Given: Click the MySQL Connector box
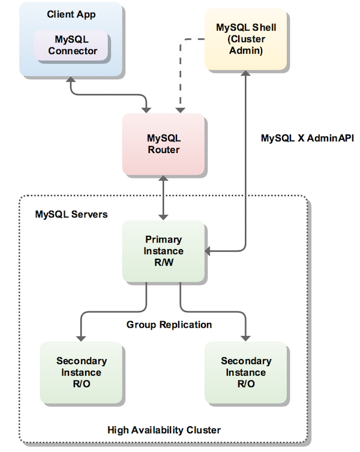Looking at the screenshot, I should (71, 45).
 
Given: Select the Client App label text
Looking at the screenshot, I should (71, 13).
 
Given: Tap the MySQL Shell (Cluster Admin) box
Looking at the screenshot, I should (242, 38).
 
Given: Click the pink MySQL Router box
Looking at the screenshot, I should (163, 144).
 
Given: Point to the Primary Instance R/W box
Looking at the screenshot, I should (163, 251).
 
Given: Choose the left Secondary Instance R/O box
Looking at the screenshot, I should (81, 372).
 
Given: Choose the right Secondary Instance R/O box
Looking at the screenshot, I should (245, 372).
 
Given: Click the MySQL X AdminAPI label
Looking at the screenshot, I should (307, 138).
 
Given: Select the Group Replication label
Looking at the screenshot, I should (169, 325).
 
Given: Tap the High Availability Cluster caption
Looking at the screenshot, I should (164, 430).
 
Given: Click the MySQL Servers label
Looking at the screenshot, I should (71, 214).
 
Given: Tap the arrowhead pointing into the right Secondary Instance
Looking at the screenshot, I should (245, 337).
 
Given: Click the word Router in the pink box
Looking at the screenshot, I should (163, 150).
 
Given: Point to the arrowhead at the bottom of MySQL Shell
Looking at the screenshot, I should (245, 73).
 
